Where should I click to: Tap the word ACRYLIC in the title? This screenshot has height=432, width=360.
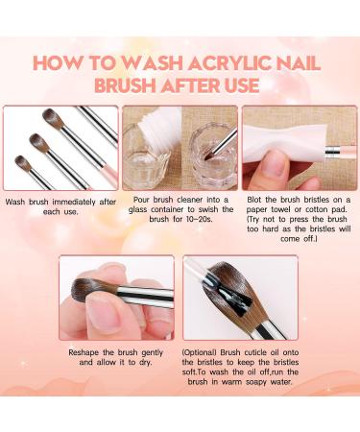[x=229, y=63]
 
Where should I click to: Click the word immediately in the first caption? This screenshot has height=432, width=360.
[x=74, y=203]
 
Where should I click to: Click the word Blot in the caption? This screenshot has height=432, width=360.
[x=254, y=200]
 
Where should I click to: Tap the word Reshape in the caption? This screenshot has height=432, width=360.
[x=84, y=352]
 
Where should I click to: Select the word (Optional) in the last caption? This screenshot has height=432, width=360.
[x=199, y=352]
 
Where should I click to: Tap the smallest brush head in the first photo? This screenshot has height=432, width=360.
[x=23, y=162]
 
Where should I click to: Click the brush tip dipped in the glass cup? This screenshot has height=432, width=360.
[x=208, y=156]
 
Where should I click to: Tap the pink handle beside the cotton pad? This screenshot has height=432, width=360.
[x=348, y=151]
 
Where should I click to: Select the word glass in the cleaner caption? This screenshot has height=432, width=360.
[x=138, y=209]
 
